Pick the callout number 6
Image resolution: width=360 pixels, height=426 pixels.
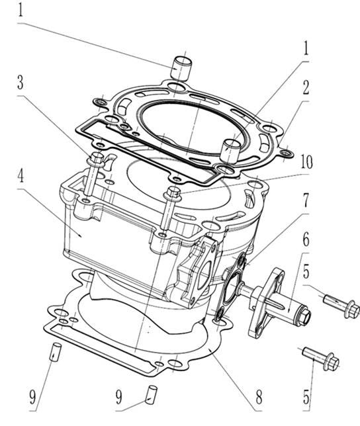[306, 238]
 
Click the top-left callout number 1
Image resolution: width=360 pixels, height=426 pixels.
[21, 11]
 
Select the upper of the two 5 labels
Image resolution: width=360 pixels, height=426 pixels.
[305, 272]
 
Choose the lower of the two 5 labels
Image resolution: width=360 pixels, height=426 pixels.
[306, 397]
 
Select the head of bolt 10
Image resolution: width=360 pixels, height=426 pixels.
[174, 192]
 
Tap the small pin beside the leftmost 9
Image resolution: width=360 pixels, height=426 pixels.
[56, 349]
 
